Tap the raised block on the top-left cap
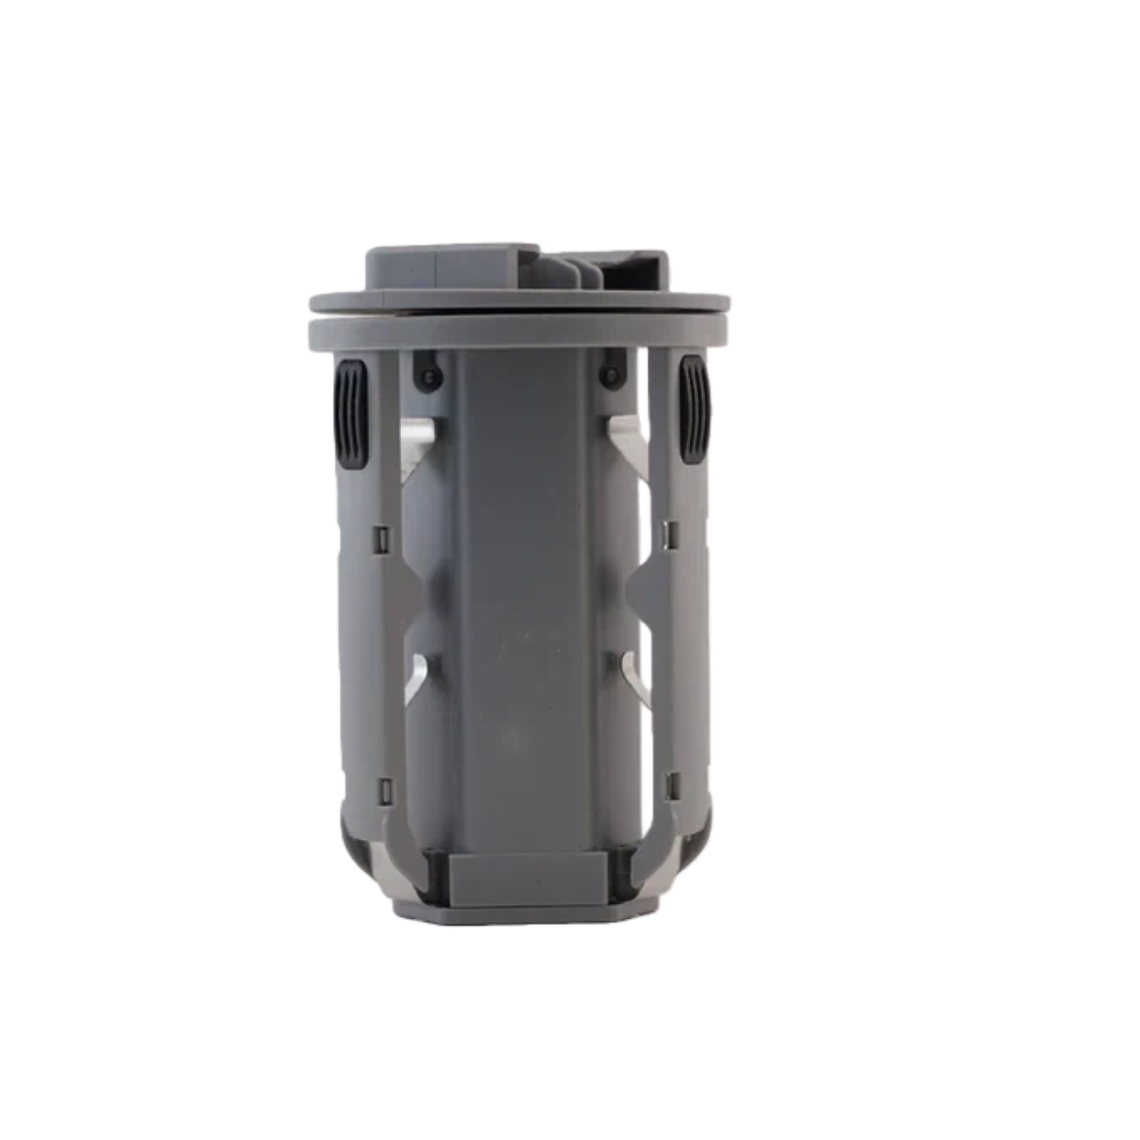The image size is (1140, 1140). [452, 268]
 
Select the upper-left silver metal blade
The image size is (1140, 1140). [418, 448]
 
